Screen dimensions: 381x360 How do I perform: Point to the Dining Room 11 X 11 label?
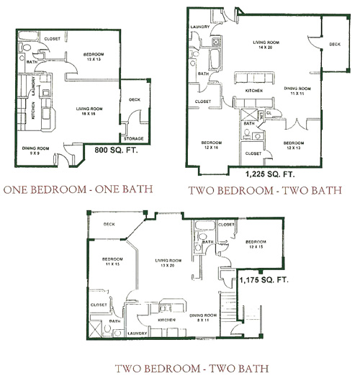(292, 91)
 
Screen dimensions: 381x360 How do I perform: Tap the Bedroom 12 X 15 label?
(256, 245)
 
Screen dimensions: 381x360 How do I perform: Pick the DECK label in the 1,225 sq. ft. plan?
(334, 45)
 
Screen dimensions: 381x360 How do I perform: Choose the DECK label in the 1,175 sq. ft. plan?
(110, 224)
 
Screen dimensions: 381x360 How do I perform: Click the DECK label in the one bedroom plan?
(135, 100)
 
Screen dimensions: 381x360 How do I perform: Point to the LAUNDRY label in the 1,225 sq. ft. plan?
(199, 27)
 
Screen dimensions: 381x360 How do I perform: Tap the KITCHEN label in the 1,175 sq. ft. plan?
(168, 318)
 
